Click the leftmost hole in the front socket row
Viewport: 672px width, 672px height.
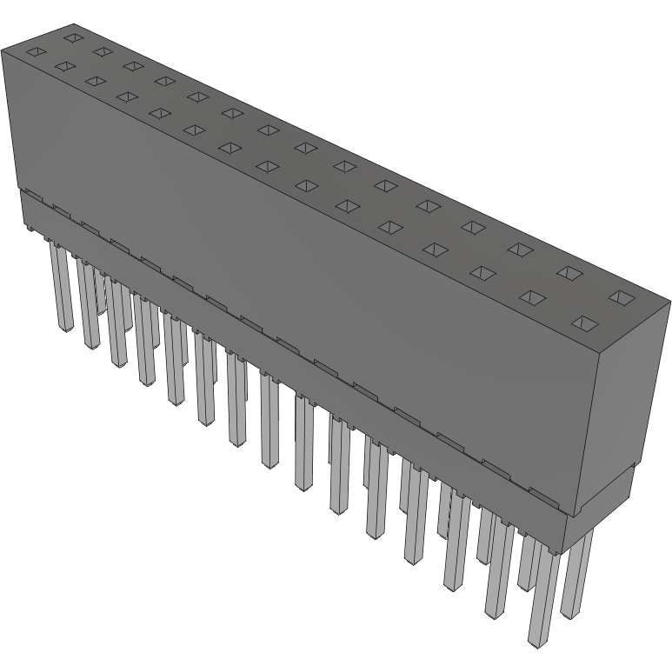click(34, 52)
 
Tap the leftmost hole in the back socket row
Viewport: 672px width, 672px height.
click(74, 38)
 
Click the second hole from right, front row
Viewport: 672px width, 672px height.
click(532, 297)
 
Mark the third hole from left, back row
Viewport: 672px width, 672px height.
click(132, 65)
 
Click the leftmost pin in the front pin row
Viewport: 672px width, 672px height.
click(62, 287)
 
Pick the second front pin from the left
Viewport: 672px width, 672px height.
click(88, 304)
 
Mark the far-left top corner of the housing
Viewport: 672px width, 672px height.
click(3, 52)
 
